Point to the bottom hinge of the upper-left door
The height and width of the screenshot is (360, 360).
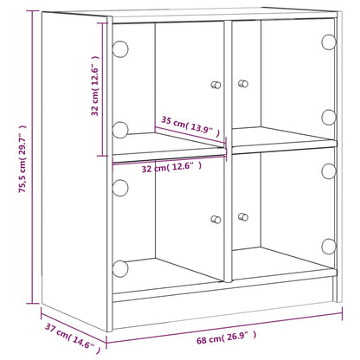(119, 130)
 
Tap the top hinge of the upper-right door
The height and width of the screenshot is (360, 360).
(328, 41)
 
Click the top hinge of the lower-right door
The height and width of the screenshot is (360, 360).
(328, 169)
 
